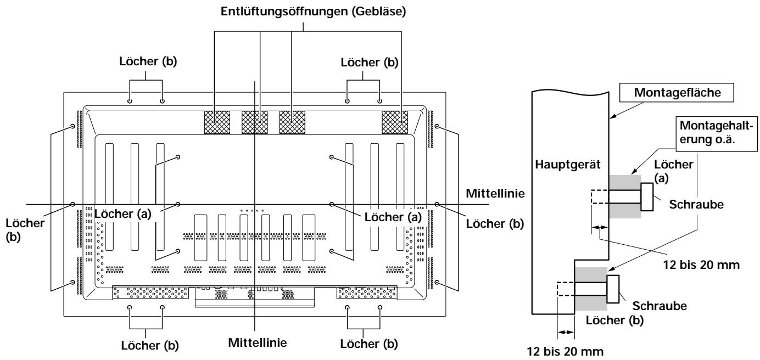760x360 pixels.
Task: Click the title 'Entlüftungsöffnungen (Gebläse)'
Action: (x=313, y=12)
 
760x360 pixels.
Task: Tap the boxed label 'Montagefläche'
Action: (x=677, y=93)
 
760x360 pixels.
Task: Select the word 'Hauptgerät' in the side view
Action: (x=568, y=165)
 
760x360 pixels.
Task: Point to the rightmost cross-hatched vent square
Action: (x=395, y=122)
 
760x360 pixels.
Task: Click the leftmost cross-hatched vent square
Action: (x=217, y=122)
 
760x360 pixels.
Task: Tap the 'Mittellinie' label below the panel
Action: (x=257, y=342)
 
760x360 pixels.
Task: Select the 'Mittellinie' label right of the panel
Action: (x=495, y=193)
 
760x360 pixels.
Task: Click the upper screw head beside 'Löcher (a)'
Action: (x=647, y=196)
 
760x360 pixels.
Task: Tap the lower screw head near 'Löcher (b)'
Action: (x=613, y=289)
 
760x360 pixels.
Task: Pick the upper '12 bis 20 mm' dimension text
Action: (x=701, y=265)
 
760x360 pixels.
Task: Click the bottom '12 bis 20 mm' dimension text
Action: (x=565, y=352)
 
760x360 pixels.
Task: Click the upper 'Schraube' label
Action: (x=696, y=204)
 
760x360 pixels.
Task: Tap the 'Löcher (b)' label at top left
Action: (x=148, y=61)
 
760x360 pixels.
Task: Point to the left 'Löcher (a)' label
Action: (x=122, y=214)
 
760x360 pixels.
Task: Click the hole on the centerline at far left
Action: (x=72, y=204)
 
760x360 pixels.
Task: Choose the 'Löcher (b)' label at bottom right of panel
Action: (x=369, y=344)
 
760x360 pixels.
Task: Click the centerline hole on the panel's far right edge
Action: (x=437, y=204)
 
